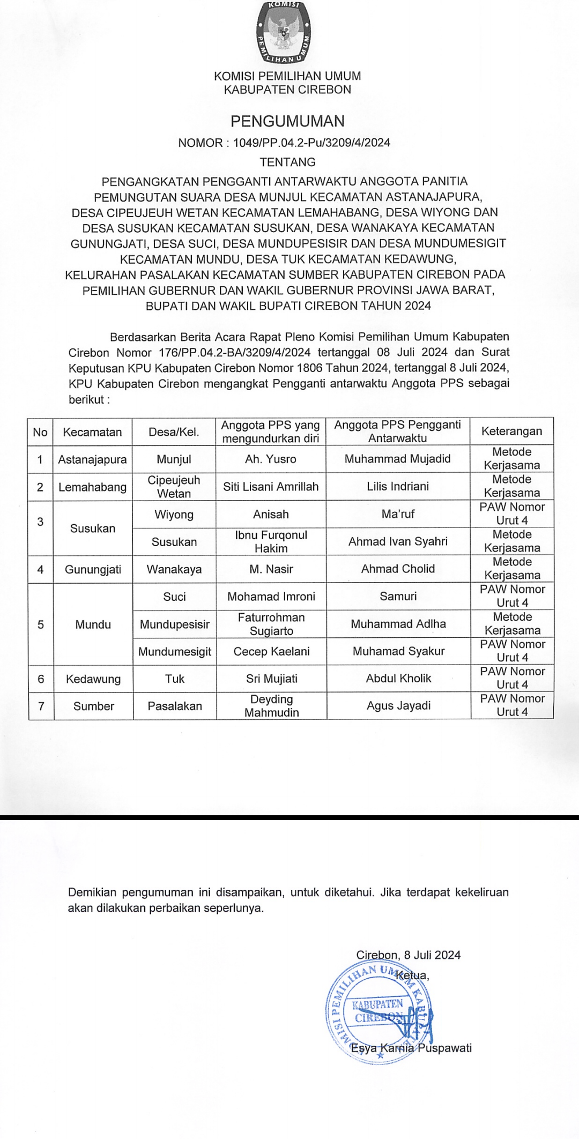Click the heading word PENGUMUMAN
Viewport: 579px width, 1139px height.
(287, 121)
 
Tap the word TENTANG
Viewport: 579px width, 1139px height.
(287, 162)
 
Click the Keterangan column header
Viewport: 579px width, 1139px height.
(511, 431)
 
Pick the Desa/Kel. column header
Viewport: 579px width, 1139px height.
(174, 432)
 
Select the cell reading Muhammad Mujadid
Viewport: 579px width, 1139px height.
(397, 459)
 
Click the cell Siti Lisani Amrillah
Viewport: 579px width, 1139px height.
(271, 487)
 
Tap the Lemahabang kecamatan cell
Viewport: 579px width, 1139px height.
(92, 487)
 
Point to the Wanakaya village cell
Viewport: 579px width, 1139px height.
(174, 569)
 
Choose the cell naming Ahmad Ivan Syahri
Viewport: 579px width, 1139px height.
(398, 541)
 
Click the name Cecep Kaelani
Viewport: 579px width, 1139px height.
(271, 651)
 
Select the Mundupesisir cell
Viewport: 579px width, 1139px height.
(175, 624)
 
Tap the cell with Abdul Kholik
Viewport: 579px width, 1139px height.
(398, 679)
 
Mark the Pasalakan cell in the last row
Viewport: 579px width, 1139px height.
(175, 706)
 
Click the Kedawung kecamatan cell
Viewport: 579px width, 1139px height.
(93, 679)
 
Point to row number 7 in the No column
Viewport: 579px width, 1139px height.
(41, 706)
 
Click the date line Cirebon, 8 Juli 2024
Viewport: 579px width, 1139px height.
(409, 955)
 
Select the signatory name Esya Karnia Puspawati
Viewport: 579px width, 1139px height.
(411, 1047)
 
